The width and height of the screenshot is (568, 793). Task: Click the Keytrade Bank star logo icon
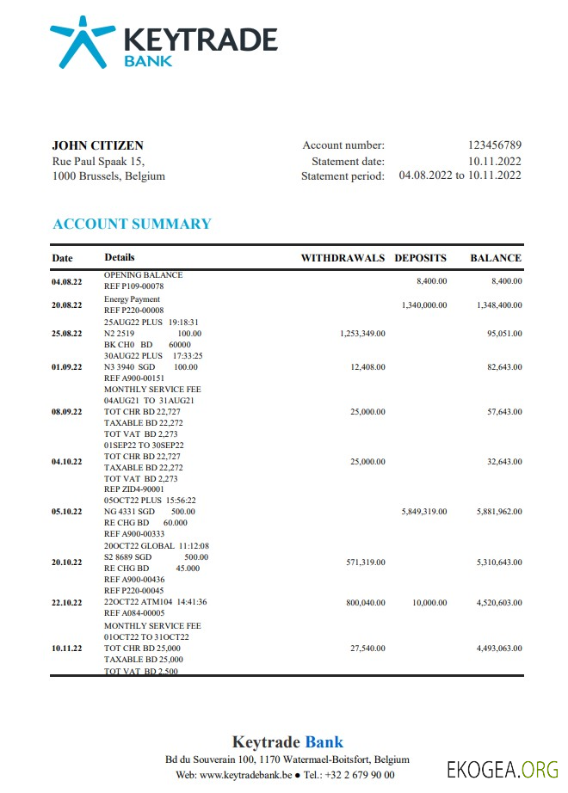coord(83,41)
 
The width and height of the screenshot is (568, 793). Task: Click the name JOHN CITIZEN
coord(98,145)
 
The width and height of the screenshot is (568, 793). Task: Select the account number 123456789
coord(494,145)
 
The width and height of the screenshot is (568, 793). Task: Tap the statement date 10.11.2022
coord(494,161)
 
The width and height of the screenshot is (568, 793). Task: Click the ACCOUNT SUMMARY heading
coord(132,224)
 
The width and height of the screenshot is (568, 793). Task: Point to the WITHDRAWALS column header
coord(343,258)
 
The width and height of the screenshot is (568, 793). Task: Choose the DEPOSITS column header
coord(420,258)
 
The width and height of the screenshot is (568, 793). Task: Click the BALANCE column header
coord(495,258)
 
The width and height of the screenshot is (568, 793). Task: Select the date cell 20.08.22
coord(66,305)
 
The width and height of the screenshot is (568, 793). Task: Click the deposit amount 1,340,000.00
coord(423,305)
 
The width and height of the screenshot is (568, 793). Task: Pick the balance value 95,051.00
coord(503,333)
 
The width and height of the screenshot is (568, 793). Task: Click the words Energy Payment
coord(120,299)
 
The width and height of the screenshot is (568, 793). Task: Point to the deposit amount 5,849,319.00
coord(423,512)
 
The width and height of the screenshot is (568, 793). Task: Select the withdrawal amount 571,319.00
coord(365,562)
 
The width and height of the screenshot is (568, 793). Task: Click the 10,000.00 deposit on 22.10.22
coord(428,603)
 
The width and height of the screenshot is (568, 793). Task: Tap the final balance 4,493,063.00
coord(498,649)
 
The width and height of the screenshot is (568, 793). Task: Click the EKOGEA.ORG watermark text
coord(503,768)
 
